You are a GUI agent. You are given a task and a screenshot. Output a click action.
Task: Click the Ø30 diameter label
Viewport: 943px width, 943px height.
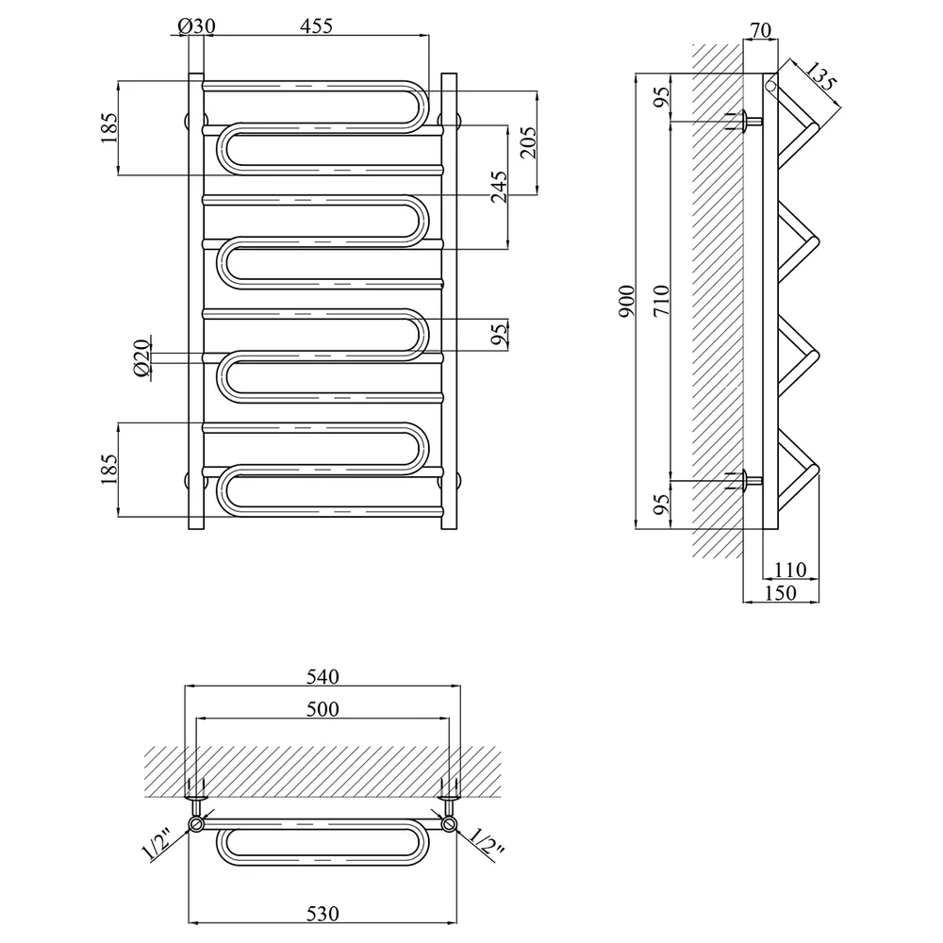pyautogui.click(x=197, y=26)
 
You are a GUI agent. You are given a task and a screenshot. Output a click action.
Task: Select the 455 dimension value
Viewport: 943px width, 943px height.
pyautogui.click(x=316, y=26)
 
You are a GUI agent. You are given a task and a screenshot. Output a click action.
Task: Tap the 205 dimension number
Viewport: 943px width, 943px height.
pyautogui.click(x=527, y=142)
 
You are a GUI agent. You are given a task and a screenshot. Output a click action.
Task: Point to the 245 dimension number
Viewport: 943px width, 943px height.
pyautogui.click(x=499, y=187)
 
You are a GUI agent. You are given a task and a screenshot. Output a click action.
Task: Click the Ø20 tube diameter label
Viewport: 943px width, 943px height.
pyautogui.click(x=141, y=358)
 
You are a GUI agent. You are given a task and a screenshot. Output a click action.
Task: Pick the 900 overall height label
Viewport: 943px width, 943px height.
pyautogui.click(x=627, y=302)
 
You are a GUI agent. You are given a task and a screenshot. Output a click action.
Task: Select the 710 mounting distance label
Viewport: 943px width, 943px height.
pyautogui.click(x=660, y=302)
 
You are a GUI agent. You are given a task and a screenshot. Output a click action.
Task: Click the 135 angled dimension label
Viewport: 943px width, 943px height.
pyautogui.click(x=819, y=77)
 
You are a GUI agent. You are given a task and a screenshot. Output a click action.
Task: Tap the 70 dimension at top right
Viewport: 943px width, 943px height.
pyautogui.click(x=761, y=30)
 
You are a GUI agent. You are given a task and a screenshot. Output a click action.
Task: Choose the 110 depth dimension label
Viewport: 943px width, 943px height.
pyautogui.click(x=789, y=569)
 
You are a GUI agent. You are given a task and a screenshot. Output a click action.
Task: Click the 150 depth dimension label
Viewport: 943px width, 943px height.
pyautogui.click(x=780, y=593)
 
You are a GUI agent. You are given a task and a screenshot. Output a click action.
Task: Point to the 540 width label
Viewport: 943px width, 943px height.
pyautogui.click(x=323, y=676)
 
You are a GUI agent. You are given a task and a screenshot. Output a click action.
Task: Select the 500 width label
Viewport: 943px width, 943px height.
pyautogui.click(x=323, y=709)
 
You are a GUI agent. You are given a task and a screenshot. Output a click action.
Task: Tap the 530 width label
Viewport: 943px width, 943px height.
pyautogui.click(x=323, y=914)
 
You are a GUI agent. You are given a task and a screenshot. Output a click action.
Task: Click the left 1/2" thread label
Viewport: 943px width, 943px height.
pyautogui.click(x=157, y=845)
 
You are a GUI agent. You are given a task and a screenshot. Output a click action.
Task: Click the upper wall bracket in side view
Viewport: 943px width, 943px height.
pyautogui.click(x=746, y=122)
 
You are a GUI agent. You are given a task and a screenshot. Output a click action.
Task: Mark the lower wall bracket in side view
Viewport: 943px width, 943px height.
pyautogui.click(x=746, y=481)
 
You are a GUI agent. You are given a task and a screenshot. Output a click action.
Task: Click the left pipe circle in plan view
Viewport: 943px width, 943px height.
pyautogui.click(x=197, y=823)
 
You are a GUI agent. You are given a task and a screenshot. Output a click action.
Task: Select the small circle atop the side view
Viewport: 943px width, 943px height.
pyautogui.click(x=771, y=86)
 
